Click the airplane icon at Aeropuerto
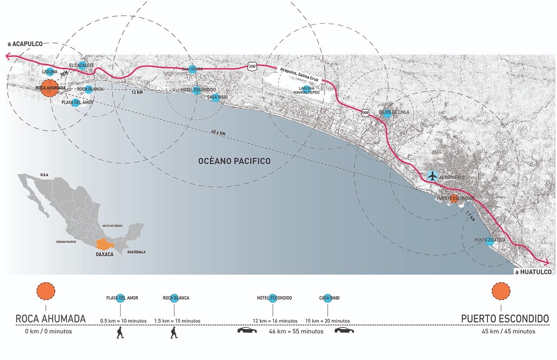tap(432, 176)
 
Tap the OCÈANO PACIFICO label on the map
tap(234, 161)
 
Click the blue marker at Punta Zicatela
tap(490, 242)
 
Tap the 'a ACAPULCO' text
tap(25, 44)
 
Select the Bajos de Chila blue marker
tap(387, 114)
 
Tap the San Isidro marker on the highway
tap(192, 70)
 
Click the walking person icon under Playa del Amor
tap(120, 333)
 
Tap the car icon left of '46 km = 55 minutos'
tap(247, 330)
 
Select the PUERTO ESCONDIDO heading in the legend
tap(505, 319)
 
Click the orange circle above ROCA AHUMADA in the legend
tap(46, 291)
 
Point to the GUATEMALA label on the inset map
tap(136, 252)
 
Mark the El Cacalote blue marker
tap(82, 66)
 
